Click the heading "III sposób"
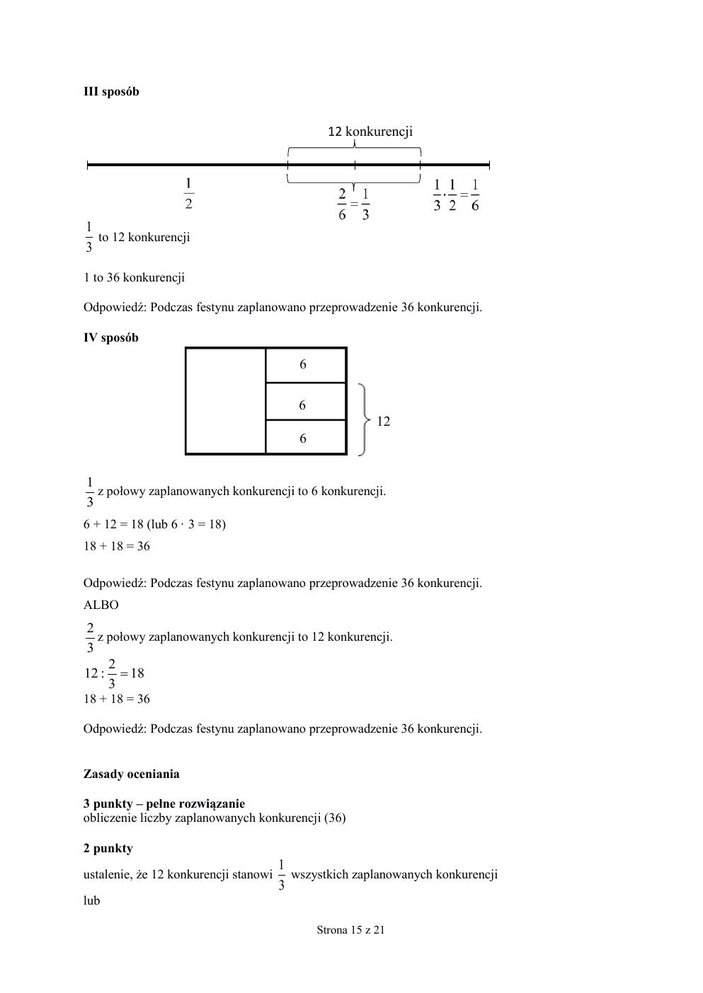pyautogui.click(x=111, y=91)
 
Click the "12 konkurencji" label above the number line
pyautogui.click(x=370, y=131)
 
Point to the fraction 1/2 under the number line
pyautogui.click(x=188, y=194)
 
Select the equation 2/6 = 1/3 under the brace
pyautogui.click(x=353, y=204)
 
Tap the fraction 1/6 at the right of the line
pyautogui.click(x=474, y=195)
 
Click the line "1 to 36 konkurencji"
pyautogui.click(x=134, y=277)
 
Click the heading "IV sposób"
pyautogui.click(x=111, y=337)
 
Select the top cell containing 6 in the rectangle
pyautogui.click(x=305, y=365)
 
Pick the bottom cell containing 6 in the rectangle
pyautogui.click(x=305, y=439)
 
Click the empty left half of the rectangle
pyautogui.click(x=225, y=401)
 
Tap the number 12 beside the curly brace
pyautogui.click(x=384, y=421)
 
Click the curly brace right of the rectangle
pyautogui.click(x=364, y=420)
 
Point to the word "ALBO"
pyautogui.click(x=101, y=605)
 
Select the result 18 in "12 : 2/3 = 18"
pyautogui.click(x=137, y=673)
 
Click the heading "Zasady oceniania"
pyautogui.click(x=131, y=774)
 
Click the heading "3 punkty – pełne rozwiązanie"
pyautogui.click(x=164, y=803)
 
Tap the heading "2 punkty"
pyautogui.click(x=108, y=848)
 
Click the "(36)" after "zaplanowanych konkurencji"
pyautogui.click(x=335, y=818)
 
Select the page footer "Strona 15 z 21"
pyautogui.click(x=350, y=930)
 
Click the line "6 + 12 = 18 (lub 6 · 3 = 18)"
pyautogui.click(x=154, y=524)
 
